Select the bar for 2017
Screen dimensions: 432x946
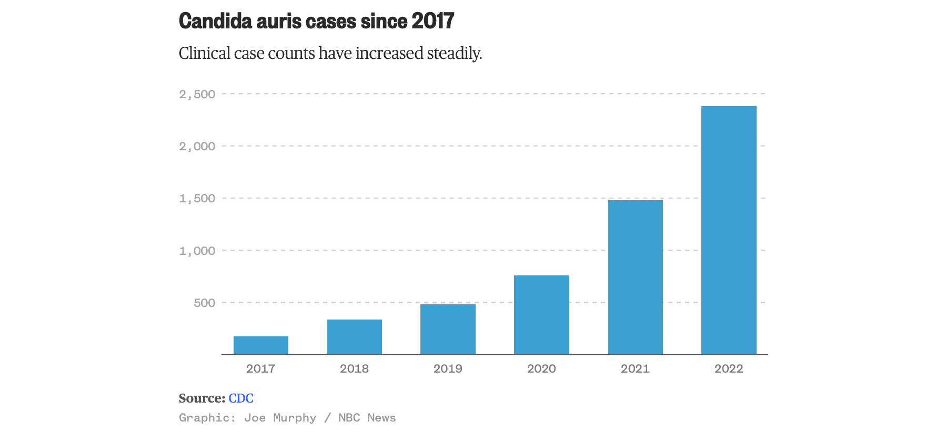(x=261, y=345)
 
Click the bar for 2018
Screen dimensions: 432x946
(x=354, y=337)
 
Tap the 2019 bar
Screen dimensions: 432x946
(x=448, y=329)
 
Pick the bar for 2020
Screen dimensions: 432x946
(x=541, y=315)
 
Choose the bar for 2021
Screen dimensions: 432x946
(x=635, y=277)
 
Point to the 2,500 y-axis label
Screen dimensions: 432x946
(x=197, y=94)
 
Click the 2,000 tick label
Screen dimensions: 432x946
(x=197, y=146)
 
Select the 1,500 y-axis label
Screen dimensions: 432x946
(x=197, y=198)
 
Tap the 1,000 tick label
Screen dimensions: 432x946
(x=197, y=251)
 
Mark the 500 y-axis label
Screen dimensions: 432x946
(x=204, y=303)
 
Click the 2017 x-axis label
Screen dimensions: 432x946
(x=260, y=368)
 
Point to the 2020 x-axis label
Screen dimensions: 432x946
(x=541, y=368)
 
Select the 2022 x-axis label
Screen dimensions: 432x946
(x=729, y=368)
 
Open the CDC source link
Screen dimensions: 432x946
(x=241, y=398)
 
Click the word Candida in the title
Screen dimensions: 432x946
(x=215, y=21)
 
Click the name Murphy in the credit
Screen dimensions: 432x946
(x=295, y=418)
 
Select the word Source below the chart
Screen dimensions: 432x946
(x=202, y=398)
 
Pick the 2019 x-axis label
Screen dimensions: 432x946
(x=448, y=368)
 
